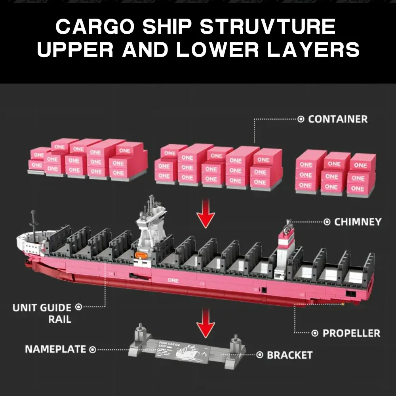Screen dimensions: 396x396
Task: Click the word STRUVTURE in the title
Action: [x=268, y=28]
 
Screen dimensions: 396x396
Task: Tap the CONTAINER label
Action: [x=337, y=119]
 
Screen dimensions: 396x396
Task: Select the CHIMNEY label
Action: [x=358, y=222]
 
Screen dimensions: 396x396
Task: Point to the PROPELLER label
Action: [x=351, y=333]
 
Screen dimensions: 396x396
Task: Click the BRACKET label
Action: [x=289, y=355]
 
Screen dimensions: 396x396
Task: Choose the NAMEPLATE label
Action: [x=55, y=349]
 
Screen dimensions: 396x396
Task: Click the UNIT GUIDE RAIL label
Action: [x=42, y=313]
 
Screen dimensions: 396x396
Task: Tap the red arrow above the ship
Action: [x=206, y=214]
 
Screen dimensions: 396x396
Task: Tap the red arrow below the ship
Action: [x=206, y=321]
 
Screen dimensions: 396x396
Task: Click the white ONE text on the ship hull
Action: [x=173, y=280]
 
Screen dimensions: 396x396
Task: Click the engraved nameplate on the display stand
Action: [x=182, y=350]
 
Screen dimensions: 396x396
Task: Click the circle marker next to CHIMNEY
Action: [x=327, y=222]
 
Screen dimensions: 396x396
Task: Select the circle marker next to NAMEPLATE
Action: [x=92, y=349]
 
